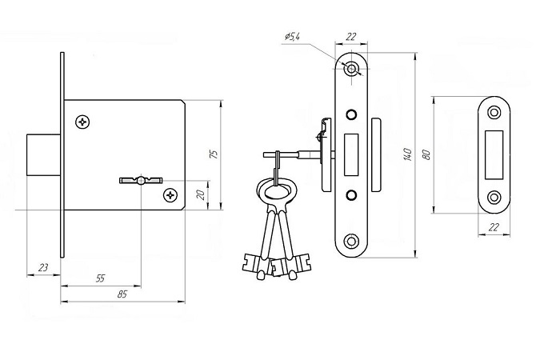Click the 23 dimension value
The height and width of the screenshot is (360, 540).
pyautogui.click(x=43, y=267)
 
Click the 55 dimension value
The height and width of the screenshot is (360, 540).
pyautogui.click(x=100, y=278)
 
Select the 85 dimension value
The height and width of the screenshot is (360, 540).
pyautogui.click(x=122, y=294)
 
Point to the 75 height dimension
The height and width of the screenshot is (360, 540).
pyautogui.click(x=214, y=154)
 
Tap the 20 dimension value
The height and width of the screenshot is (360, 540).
pyautogui.click(x=202, y=195)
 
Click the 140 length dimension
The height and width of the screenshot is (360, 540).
pyautogui.click(x=407, y=154)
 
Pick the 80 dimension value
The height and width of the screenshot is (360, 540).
pyautogui.click(x=426, y=154)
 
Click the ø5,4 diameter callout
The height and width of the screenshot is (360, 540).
pyautogui.click(x=292, y=36)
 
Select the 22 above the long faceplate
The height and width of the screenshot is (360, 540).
pyautogui.click(x=350, y=37)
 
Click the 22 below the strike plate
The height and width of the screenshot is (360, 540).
pyautogui.click(x=494, y=227)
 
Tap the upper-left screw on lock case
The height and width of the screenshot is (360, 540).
pyautogui.click(x=82, y=122)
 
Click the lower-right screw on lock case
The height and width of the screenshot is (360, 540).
pyautogui.click(x=170, y=195)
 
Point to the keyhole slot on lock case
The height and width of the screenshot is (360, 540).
pyautogui.click(x=141, y=180)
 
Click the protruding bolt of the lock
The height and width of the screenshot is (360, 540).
pyautogui.click(x=44, y=154)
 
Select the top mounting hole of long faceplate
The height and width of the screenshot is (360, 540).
pyautogui.click(x=351, y=69)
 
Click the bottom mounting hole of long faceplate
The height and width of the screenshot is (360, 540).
pyautogui.click(x=351, y=241)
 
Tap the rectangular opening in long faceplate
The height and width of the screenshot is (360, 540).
pyautogui.click(x=351, y=154)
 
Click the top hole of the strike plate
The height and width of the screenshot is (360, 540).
pyautogui.click(x=494, y=112)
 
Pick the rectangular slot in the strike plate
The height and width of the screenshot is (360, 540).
pyautogui.click(x=494, y=155)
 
